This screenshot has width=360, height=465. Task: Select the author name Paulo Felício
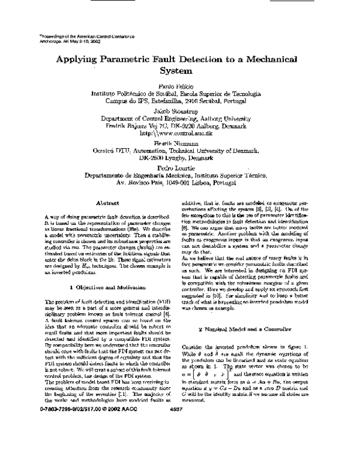(x=180, y=86)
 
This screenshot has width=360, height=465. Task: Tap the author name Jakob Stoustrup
(x=180, y=110)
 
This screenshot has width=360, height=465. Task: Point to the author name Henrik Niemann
(x=180, y=142)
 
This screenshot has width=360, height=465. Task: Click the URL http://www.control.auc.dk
(x=180, y=133)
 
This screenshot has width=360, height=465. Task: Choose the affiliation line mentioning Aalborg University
(x=180, y=118)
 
